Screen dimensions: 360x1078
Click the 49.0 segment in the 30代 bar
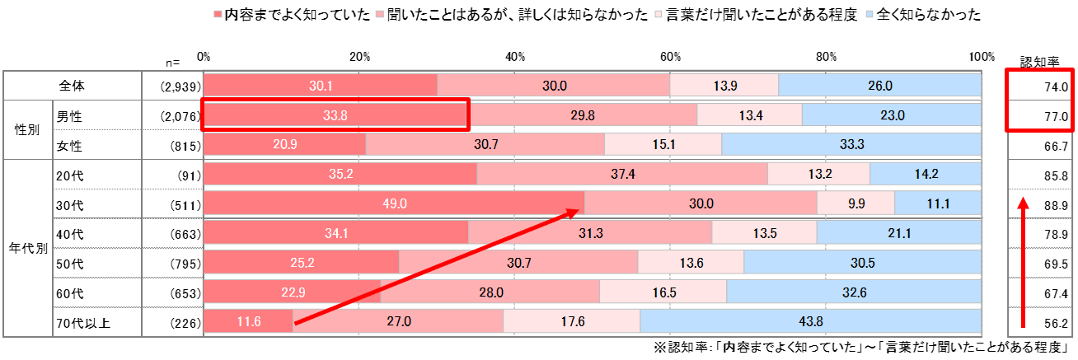394,203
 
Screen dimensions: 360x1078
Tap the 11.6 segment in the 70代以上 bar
248,321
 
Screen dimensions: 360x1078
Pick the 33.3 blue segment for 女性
851,145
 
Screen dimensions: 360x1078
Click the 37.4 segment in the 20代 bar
622,175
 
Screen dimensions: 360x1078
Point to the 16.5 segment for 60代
663,292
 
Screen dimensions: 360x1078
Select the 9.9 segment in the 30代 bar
855,203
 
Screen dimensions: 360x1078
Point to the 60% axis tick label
670,57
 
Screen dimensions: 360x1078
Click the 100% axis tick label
982,57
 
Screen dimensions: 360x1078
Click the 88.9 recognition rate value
1056,205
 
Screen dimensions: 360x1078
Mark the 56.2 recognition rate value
1056,323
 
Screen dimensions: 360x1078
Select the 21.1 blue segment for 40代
898,233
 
